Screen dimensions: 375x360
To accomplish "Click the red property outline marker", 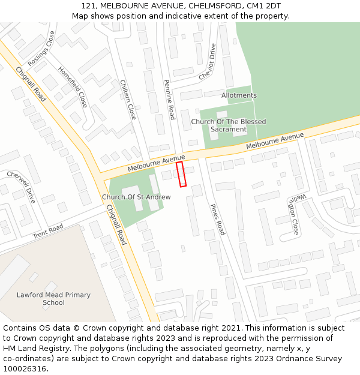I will pyautogui.click(x=181, y=174).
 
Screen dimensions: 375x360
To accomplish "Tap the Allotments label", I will pyautogui.click(x=239, y=95).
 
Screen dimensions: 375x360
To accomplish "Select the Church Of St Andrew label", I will pyautogui.click(x=132, y=197).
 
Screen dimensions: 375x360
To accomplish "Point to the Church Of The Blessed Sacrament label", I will pyautogui.click(x=229, y=125).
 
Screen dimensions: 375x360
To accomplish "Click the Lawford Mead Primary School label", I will pyautogui.click(x=53, y=299).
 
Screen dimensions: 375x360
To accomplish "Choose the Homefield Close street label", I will pyautogui.click(x=73, y=86).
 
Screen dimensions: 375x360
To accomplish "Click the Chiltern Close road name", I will pyautogui.click(x=128, y=99).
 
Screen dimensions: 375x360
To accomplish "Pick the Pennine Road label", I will pyautogui.click(x=169, y=97).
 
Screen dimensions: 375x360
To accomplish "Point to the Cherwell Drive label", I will pyautogui.click(x=22, y=187).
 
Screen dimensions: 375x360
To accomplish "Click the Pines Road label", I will pyautogui.click(x=217, y=219).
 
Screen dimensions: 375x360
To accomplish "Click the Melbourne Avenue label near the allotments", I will pyautogui.click(x=275, y=142).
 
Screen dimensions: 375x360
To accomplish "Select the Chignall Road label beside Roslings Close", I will pyautogui.click(x=31, y=83).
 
